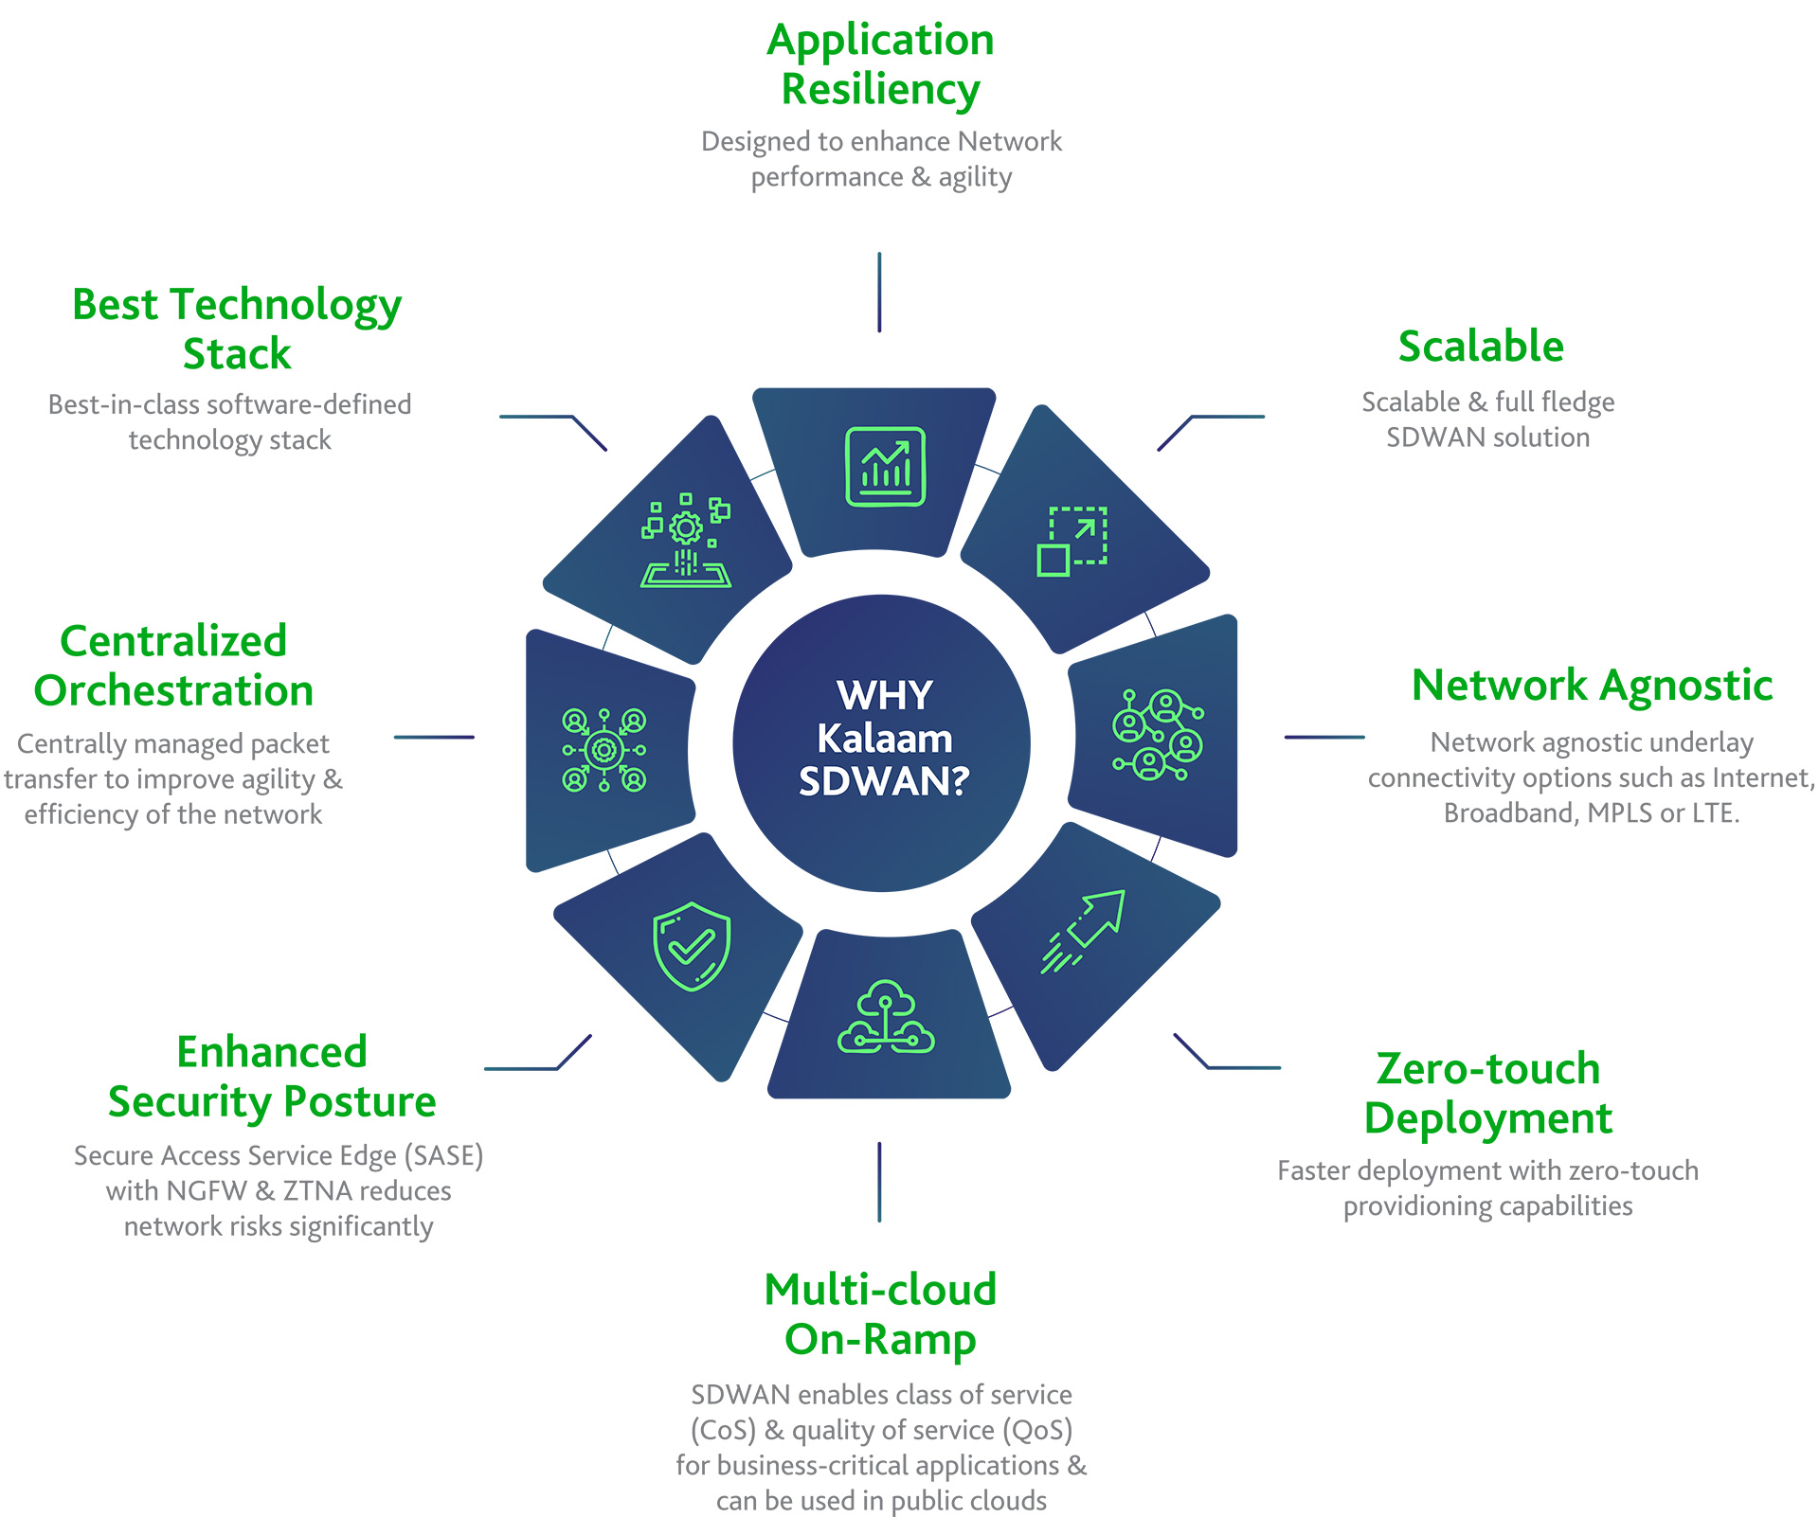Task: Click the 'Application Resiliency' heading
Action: click(x=880, y=64)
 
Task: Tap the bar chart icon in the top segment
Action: click(x=885, y=467)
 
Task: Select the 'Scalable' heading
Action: click(x=1481, y=347)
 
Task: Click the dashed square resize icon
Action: click(x=1072, y=541)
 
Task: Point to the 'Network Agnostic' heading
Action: click(x=1592, y=686)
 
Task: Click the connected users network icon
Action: click(x=1157, y=735)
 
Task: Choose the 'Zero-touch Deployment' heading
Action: click(x=1487, y=1094)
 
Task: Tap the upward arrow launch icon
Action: click(x=1084, y=931)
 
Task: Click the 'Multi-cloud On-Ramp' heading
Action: click(x=880, y=1314)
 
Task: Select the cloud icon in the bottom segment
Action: click(x=886, y=1017)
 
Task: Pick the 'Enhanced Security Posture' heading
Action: click(x=272, y=1077)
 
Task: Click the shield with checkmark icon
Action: click(x=692, y=946)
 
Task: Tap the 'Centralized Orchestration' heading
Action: click(x=173, y=666)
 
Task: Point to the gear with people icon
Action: click(x=603, y=750)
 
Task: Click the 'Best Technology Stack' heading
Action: click(x=237, y=329)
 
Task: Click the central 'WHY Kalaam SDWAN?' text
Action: click(x=883, y=739)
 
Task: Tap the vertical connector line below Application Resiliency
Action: click(x=879, y=292)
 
